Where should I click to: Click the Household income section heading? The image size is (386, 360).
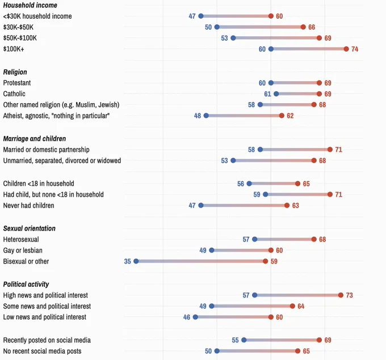[x=30, y=5]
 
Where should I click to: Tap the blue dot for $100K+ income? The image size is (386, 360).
[x=271, y=49]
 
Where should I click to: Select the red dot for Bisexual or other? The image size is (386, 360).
[x=266, y=261]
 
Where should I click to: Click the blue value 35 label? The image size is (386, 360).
[x=127, y=261]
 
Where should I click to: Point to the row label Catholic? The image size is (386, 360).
[x=14, y=94]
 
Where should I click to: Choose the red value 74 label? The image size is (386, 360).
[x=355, y=49]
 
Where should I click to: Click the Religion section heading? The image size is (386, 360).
[x=15, y=72]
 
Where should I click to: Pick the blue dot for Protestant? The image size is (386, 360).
[x=271, y=83]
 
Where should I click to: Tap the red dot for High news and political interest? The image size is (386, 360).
[x=341, y=295]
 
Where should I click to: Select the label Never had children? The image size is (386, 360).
[x=28, y=205]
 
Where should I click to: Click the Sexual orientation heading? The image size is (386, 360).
[x=30, y=228]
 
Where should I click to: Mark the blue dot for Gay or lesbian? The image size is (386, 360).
[x=212, y=250]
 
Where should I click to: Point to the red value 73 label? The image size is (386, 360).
[x=350, y=295]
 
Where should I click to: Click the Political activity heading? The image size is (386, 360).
[x=26, y=284]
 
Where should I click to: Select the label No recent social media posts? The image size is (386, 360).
[x=43, y=351]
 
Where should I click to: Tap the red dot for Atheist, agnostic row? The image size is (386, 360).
[x=282, y=116]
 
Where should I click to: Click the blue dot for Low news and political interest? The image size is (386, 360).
[x=196, y=317]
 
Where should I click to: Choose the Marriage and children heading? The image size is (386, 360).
[x=35, y=138]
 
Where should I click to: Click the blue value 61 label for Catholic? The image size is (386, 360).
[x=267, y=94]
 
